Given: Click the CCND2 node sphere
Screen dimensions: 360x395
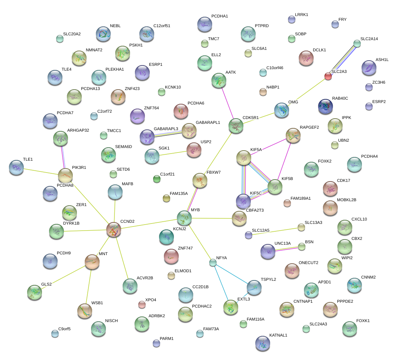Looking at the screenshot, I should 114,229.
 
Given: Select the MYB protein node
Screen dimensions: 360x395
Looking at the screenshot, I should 184,218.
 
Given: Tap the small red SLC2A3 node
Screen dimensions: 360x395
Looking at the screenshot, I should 328,76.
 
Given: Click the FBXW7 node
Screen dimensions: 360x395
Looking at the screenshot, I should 200,180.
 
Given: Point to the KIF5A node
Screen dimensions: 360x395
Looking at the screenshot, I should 244,158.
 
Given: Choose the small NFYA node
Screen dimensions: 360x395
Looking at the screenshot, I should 213,263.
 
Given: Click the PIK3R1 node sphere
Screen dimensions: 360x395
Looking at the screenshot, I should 65,175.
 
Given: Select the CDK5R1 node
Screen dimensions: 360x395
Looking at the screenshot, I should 236,126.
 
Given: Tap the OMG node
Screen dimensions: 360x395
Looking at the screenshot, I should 282,110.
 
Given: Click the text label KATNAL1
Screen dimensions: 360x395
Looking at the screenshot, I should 278,335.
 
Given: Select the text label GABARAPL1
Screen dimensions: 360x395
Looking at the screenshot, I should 208,122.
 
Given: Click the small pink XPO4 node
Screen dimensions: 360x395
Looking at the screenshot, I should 142,305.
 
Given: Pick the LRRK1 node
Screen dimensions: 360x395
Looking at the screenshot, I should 292,19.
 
